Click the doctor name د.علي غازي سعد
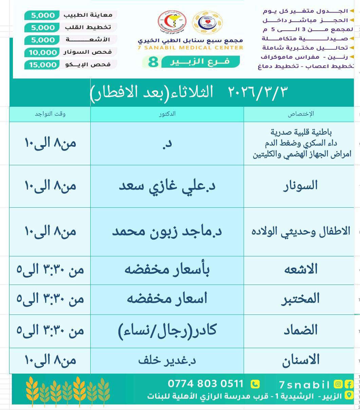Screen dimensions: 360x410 pos(167,186)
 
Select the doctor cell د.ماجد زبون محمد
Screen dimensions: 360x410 pos(167,232)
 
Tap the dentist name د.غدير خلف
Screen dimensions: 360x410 pos(167,360)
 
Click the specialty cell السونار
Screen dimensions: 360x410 pos(300,186)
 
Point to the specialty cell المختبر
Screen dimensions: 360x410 pos(300,299)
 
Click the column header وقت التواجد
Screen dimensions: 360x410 pos(50,114)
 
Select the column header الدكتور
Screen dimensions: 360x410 pos(167,114)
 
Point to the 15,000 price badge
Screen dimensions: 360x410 pos(42,65)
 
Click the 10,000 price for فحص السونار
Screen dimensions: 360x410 pos(42,52)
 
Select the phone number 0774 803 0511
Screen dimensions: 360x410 pos(206,384)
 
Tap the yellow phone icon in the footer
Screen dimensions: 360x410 pos(255,384)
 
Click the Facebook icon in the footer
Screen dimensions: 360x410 pos(348,385)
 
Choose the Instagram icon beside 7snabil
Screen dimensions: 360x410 pos(338,385)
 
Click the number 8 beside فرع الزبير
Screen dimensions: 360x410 pos(153,62)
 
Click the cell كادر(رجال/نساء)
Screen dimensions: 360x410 pos(167,330)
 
